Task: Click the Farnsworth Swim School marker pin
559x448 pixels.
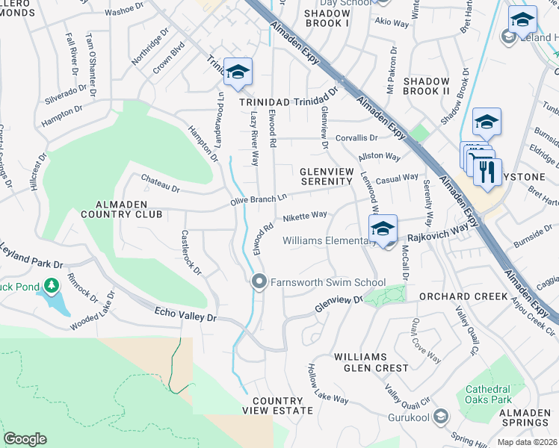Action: click(259, 281)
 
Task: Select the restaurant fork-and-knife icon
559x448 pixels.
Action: click(487, 171)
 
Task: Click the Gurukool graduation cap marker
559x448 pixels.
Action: click(442, 416)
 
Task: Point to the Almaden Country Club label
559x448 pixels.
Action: click(128, 208)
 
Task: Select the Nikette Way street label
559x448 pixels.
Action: click(305, 216)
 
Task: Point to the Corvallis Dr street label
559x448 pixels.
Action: click(356, 138)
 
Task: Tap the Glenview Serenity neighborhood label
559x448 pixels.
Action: click(325, 176)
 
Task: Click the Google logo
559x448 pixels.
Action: click(25, 439)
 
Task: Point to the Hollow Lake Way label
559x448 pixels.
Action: click(328, 385)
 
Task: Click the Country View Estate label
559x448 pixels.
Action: click(277, 405)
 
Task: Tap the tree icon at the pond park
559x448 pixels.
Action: click(51, 285)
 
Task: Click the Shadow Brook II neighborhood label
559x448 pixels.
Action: click(426, 86)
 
